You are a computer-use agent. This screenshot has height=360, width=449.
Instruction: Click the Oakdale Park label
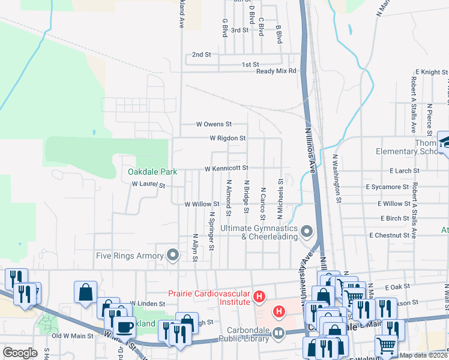(152, 172)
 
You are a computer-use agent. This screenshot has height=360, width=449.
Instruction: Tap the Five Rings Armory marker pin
(173, 256)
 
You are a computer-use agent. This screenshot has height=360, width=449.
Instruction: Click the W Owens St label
(214, 125)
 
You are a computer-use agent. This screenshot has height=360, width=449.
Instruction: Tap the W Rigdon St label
(228, 139)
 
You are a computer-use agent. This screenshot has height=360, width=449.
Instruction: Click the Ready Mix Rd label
(276, 71)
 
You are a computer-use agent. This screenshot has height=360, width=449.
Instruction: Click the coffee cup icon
(125, 327)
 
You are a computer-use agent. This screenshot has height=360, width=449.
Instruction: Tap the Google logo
(20, 353)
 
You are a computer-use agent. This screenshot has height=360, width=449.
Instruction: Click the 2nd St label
(202, 55)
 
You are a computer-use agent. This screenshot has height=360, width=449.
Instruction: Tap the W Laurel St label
(148, 185)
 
